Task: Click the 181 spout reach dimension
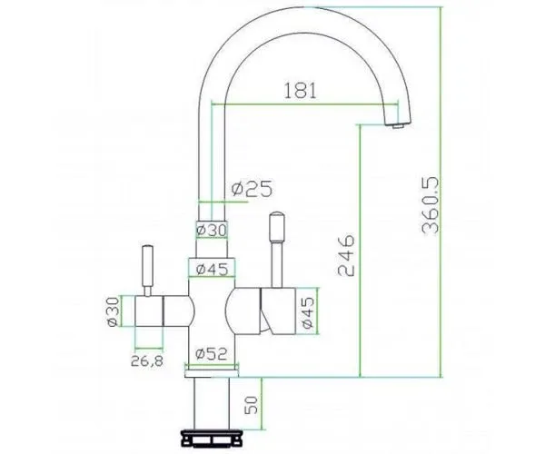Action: click(x=301, y=91)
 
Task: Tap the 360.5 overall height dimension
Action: click(x=431, y=205)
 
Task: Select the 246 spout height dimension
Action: click(x=346, y=255)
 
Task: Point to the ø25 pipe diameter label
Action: click(x=253, y=189)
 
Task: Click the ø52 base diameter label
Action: click(x=212, y=354)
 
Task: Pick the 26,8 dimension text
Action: click(x=147, y=361)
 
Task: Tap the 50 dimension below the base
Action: click(x=252, y=405)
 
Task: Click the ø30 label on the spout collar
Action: click(x=212, y=230)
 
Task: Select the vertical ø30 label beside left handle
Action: click(x=114, y=311)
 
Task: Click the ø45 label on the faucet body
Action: click(x=212, y=269)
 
